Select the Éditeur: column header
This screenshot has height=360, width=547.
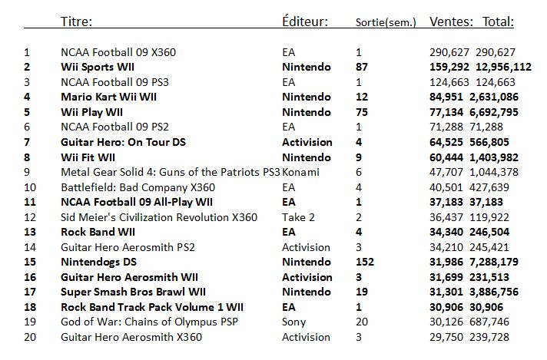[306, 21]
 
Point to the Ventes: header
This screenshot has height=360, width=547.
[452, 21]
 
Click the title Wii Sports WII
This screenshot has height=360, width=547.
[98, 68]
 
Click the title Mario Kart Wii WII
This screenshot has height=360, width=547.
[109, 97]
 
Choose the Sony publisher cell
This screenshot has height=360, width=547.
[294, 322]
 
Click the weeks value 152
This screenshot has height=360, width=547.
[365, 262]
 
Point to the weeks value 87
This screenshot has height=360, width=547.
[362, 68]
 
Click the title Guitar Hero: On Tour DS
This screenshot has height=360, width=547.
[123, 142]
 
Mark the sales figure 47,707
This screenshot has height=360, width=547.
[448, 172]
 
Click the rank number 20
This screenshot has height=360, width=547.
[30, 337]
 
